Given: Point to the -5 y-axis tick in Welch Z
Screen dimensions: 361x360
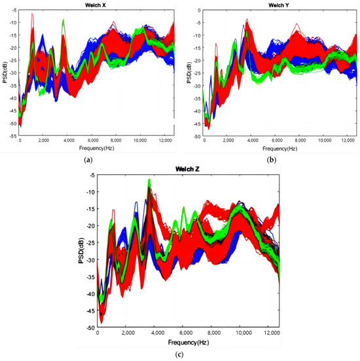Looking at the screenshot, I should (x=90, y=175).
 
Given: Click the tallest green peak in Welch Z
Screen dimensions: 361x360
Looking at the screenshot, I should (x=149, y=180).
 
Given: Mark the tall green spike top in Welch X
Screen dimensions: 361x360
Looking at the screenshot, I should (x=63, y=20).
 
